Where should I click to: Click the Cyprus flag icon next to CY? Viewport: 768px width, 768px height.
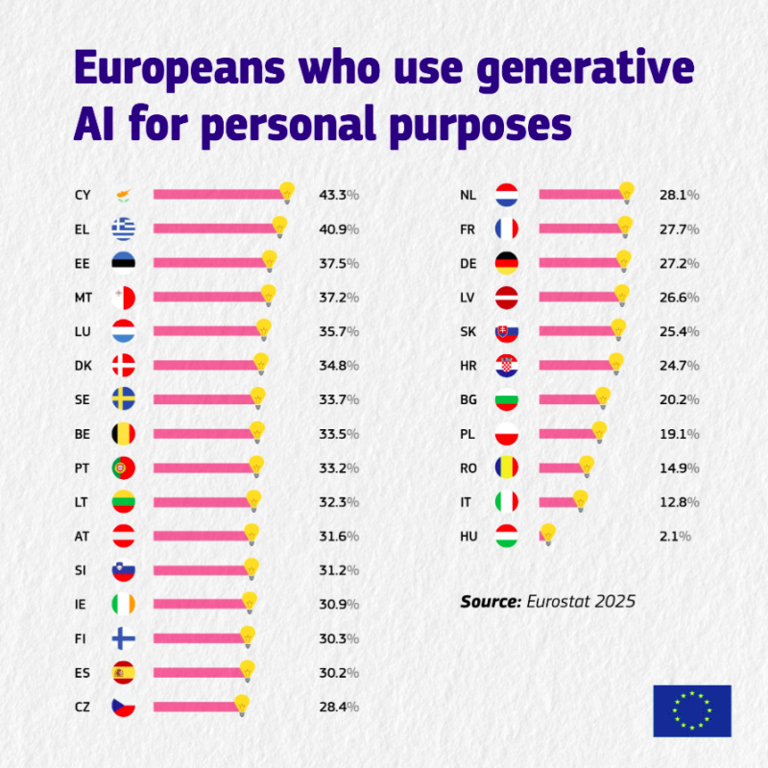click(x=123, y=195)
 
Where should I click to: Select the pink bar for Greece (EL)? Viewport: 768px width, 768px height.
click(x=213, y=229)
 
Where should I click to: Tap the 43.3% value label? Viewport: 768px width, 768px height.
click(x=338, y=195)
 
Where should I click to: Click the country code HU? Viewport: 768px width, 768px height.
click(x=468, y=536)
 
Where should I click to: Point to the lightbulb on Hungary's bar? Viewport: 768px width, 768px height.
click(x=547, y=533)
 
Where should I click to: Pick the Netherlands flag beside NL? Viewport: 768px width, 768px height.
click(x=507, y=195)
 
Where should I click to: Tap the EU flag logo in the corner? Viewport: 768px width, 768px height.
click(x=692, y=710)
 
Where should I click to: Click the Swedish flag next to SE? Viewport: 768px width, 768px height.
click(x=123, y=399)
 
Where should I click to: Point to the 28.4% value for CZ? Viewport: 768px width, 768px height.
click(x=338, y=707)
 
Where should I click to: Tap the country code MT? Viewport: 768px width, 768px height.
click(x=83, y=298)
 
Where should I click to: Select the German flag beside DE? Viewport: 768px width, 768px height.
click(x=507, y=263)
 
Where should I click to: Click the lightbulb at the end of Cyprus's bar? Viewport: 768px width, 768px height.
click(x=286, y=191)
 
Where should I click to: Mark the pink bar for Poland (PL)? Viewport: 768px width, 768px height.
click(x=566, y=434)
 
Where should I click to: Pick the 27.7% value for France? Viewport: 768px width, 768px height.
click(x=678, y=229)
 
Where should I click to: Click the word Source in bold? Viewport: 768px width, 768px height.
click(x=491, y=602)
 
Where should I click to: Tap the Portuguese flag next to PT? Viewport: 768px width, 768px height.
click(x=123, y=468)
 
